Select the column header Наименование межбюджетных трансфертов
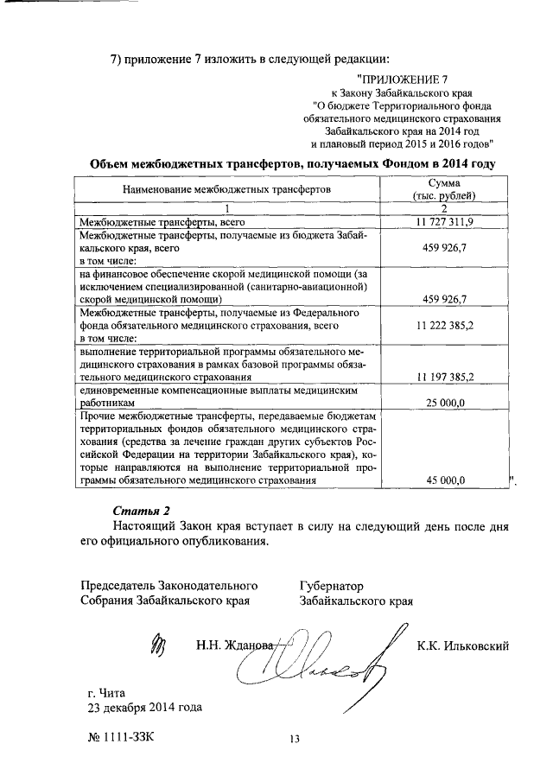226,188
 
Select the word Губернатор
332,585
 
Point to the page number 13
294,738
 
